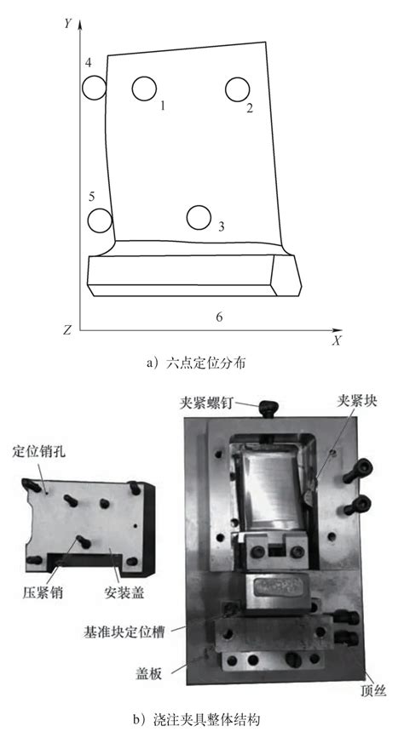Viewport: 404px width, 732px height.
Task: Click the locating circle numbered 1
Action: click(x=145, y=88)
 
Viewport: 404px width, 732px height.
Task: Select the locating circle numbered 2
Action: click(x=237, y=89)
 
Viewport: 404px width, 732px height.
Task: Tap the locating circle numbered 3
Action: click(x=199, y=217)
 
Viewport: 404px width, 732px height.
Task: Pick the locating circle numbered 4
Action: click(x=94, y=87)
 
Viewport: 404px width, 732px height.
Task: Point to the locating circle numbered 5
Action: click(x=100, y=220)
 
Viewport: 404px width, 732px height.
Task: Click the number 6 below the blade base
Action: click(x=219, y=317)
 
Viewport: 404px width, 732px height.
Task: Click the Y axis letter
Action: click(x=66, y=24)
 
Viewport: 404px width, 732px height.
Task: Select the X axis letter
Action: click(x=337, y=340)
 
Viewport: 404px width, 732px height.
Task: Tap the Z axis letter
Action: click(x=66, y=329)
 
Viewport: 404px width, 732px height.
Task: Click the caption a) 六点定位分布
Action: click(x=201, y=363)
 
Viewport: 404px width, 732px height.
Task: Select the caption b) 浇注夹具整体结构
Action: click(x=201, y=719)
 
